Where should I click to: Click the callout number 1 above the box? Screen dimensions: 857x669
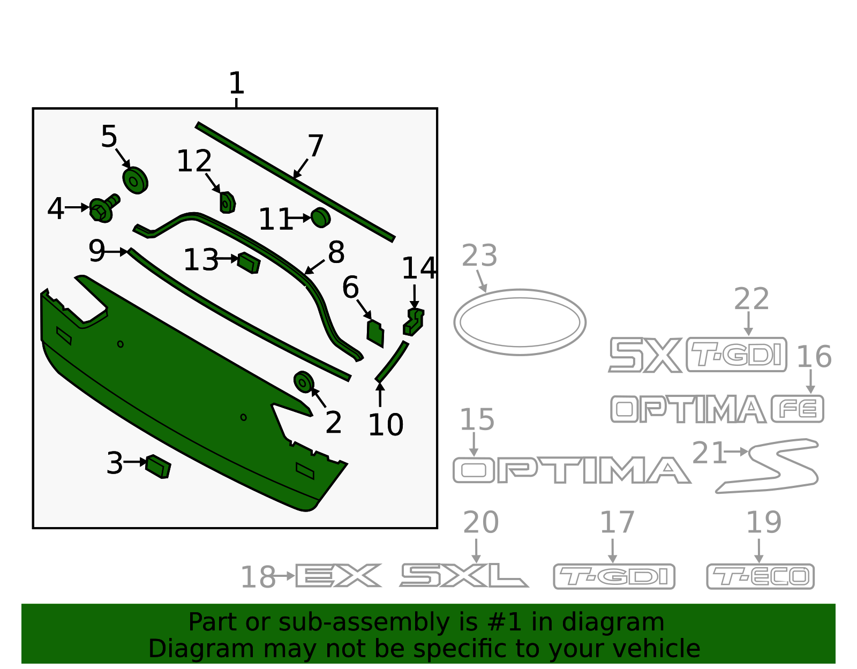coord(237,83)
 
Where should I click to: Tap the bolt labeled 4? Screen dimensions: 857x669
coord(104,208)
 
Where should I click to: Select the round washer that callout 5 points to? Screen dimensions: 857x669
coord(136,181)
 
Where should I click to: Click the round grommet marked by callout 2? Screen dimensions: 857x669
coord(304,382)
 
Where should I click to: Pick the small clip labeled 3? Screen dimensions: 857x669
coord(158,467)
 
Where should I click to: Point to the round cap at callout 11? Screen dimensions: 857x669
coord(321,217)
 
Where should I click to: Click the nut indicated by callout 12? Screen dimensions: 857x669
coord(228,202)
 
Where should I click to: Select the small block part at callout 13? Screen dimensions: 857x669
coord(249,263)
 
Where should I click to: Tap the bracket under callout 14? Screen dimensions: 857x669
coord(414,322)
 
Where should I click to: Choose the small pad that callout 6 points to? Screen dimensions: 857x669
coord(375,334)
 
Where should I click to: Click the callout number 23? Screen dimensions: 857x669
coord(479,255)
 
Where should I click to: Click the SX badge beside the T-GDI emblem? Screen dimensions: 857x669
coord(645,355)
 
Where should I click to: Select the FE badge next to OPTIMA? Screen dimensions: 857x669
coord(798,409)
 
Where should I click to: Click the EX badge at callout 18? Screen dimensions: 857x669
coord(339,576)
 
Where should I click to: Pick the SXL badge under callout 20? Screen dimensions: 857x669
coord(464,575)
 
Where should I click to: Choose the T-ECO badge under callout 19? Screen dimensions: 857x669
coord(761,576)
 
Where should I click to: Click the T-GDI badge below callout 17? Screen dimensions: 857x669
coord(614,576)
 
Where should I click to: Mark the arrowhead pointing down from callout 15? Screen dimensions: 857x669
coord(473,453)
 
